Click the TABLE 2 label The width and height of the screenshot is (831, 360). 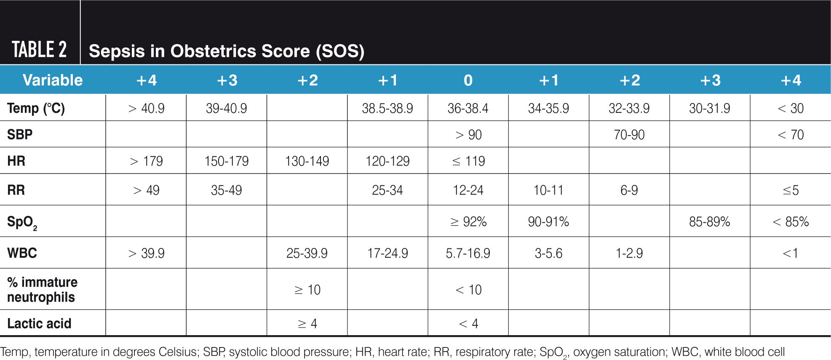(x=39, y=50)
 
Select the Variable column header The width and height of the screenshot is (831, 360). (x=53, y=80)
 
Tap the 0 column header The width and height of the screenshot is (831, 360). (x=468, y=80)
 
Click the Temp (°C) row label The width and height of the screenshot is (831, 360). (x=36, y=108)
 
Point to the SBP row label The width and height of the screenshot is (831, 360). (x=20, y=134)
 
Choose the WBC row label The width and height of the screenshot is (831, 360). (x=22, y=253)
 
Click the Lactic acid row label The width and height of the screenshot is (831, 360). (x=39, y=323)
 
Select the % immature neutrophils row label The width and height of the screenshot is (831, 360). (x=42, y=289)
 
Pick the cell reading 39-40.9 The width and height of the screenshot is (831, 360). (x=226, y=108)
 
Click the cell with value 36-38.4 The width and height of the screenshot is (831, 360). (x=468, y=108)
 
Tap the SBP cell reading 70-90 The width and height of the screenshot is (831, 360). (x=629, y=135)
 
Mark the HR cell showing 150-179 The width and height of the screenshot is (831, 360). (x=226, y=161)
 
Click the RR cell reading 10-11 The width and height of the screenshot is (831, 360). (x=548, y=190)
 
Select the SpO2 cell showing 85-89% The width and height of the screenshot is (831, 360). (x=709, y=221)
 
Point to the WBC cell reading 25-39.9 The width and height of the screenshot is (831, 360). (x=307, y=253)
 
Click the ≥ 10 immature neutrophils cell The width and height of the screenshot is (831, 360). (x=307, y=290)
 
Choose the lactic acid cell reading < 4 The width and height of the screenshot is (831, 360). (x=468, y=323)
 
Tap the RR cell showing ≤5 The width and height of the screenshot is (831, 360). (x=791, y=190)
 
